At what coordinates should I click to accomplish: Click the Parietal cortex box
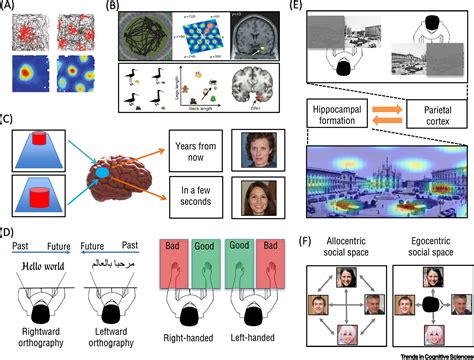(432, 115)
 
